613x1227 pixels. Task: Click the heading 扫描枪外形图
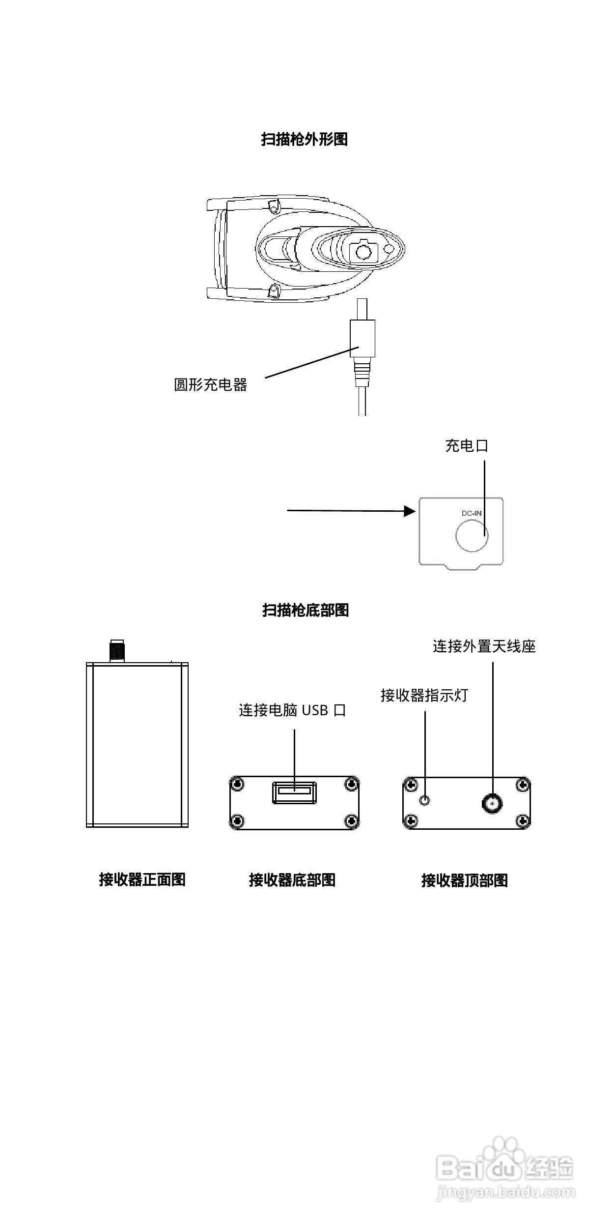point(304,140)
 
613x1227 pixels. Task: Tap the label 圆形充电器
point(210,384)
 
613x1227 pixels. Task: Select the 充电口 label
point(466,446)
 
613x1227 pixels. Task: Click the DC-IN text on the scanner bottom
point(472,513)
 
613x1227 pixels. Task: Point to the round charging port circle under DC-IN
point(472,535)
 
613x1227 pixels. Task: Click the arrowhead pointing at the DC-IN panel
point(410,511)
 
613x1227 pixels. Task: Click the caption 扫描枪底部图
point(305,610)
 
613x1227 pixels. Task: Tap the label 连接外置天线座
point(484,646)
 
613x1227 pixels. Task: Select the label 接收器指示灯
point(424,695)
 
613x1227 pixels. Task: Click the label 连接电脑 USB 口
point(292,710)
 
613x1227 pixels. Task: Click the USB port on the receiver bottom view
point(294,792)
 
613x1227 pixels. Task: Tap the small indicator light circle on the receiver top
point(425,800)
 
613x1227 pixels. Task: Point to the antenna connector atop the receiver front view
point(117,651)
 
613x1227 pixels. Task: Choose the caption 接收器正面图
point(142,879)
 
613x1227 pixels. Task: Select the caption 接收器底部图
point(292,880)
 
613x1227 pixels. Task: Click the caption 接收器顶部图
point(464,880)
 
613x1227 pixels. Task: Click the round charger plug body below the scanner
point(362,338)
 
